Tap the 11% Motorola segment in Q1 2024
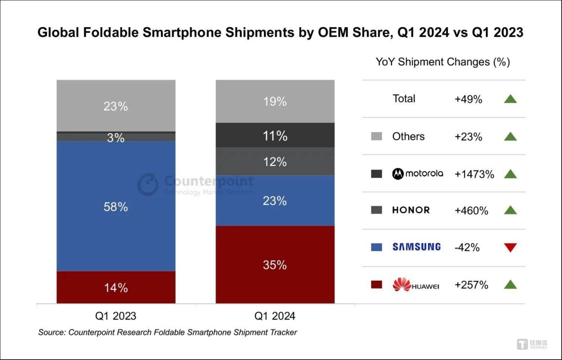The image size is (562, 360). (x=275, y=135)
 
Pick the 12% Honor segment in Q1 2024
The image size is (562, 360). (x=275, y=162)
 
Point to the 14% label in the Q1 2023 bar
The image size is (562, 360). (x=116, y=288)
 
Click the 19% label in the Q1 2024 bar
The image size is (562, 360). (x=275, y=101)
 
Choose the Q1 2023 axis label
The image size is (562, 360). (x=116, y=316)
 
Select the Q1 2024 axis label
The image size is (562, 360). (x=275, y=316)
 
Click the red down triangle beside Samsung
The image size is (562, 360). (x=510, y=247)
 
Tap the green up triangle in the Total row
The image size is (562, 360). (x=510, y=99)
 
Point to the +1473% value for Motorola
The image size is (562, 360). (x=474, y=174)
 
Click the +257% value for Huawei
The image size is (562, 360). (x=471, y=285)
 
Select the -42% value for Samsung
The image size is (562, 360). (x=467, y=247)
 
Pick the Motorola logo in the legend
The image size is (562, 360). (x=417, y=174)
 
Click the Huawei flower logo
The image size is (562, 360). (x=402, y=285)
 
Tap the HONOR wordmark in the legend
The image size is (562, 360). (x=411, y=210)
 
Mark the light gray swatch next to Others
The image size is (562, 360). (x=377, y=136)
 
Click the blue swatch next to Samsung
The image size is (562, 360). (x=377, y=247)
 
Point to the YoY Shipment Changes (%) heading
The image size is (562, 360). (x=443, y=62)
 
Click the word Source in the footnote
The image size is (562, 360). (x=52, y=332)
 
